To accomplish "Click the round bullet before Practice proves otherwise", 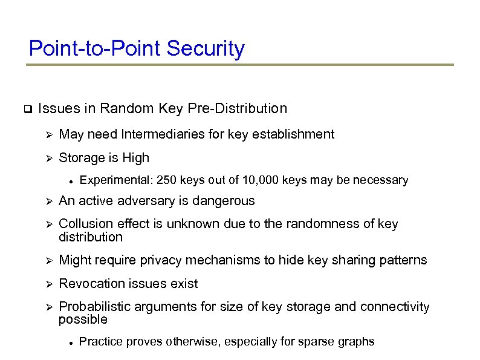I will point(71,342).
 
